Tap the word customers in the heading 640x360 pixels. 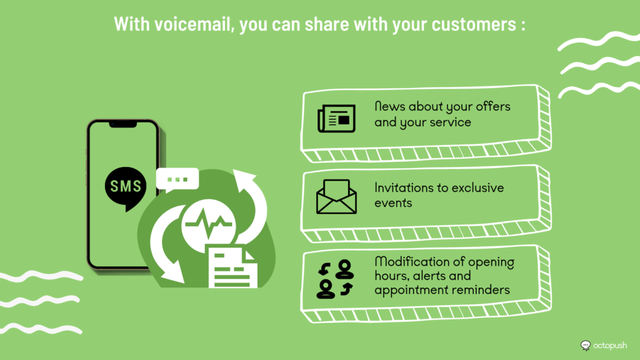click(474, 24)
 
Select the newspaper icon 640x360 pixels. click(336, 118)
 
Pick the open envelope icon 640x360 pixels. click(336, 197)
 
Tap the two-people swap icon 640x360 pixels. click(335, 279)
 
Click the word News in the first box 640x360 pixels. click(389, 106)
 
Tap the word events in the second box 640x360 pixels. click(393, 203)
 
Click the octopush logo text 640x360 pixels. click(610, 345)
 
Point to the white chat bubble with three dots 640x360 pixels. click(177, 179)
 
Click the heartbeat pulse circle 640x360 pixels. click(209, 223)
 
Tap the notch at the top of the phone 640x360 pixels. click(123, 124)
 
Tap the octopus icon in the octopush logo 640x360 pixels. click(586, 346)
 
